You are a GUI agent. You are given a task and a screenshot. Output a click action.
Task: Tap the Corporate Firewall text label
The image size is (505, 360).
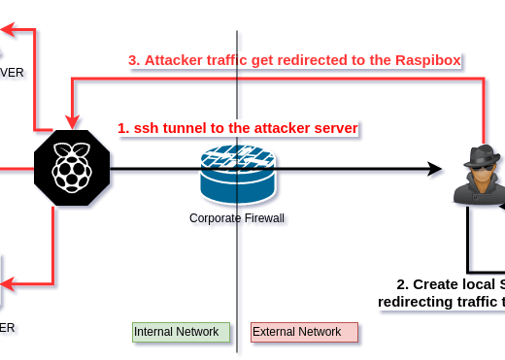(x=238, y=219)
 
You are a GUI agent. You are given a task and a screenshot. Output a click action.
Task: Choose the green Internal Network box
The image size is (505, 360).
(x=181, y=332)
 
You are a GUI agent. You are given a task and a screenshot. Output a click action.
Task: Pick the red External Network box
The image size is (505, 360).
(x=304, y=332)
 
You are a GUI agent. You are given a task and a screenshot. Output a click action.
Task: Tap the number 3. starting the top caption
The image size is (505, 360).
(x=134, y=60)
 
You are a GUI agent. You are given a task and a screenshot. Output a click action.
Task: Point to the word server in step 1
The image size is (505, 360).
(x=335, y=128)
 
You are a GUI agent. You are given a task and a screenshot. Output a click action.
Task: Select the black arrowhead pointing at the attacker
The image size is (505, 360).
(x=436, y=172)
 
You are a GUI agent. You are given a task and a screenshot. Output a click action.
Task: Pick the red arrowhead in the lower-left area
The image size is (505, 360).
(x=7, y=284)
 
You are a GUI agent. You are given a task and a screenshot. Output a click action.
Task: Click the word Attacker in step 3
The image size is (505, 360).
(x=176, y=60)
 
